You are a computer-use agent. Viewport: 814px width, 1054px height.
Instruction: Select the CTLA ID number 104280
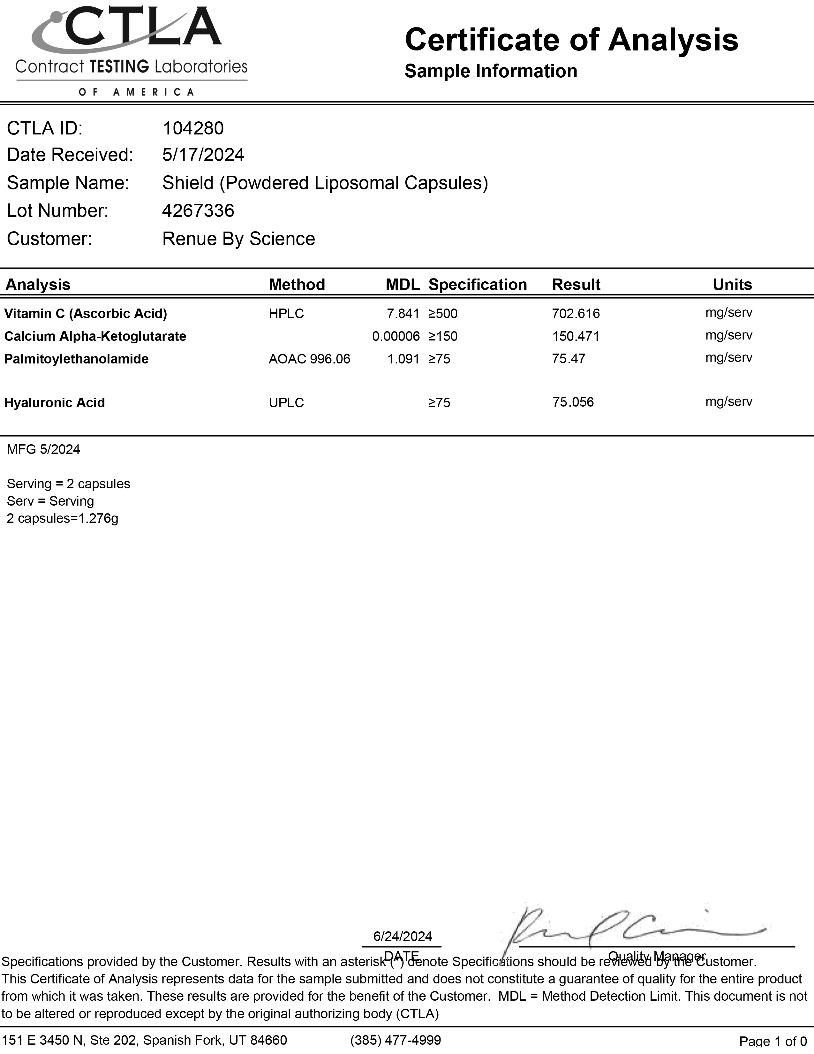pyautogui.click(x=193, y=128)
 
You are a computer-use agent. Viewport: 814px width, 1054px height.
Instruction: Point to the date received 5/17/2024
pyautogui.click(x=203, y=155)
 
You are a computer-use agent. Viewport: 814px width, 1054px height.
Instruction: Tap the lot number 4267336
pyautogui.click(x=198, y=211)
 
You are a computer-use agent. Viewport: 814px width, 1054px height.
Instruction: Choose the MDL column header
pyautogui.click(x=402, y=285)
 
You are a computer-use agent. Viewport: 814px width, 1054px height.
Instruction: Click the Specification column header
pyautogui.click(x=478, y=285)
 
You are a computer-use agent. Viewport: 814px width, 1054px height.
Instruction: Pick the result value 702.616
pyautogui.click(x=576, y=314)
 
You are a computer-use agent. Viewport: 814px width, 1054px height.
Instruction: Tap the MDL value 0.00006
pyautogui.click(x=396, y=336)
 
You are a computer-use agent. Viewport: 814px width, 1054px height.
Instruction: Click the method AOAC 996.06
pyautogui.click(x=309, y=359)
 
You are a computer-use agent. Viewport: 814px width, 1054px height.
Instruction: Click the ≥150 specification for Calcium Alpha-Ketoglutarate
pyautogui.click(x=443, y=336)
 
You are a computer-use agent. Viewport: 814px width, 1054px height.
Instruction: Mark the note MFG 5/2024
pyautogui.click(x=43, y=449)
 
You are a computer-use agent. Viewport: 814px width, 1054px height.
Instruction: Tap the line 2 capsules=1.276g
pyautogui.click(x=62, y=518)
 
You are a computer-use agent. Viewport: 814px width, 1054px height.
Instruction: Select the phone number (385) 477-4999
pyautogui.click(x=396, y=1040)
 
